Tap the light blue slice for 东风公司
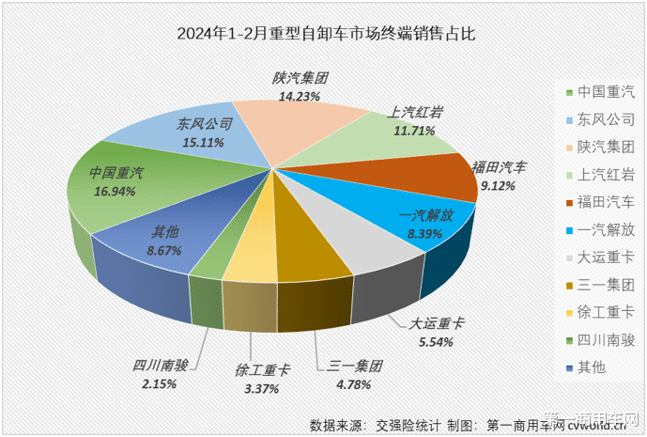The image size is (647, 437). [x=202, y=132]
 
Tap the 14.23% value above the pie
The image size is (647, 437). [x=300, y=95]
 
